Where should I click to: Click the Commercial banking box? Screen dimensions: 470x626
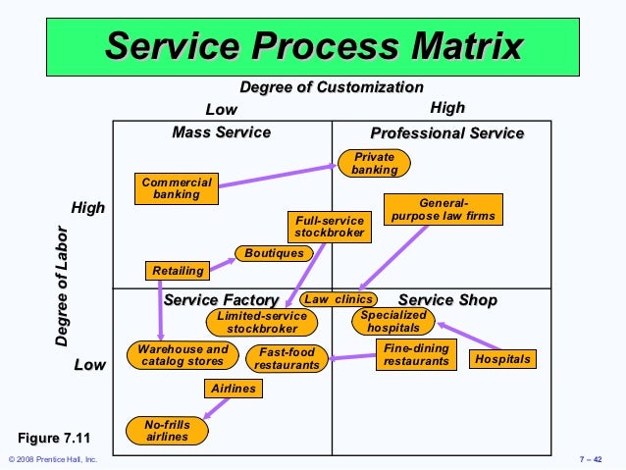(x=177, y=188)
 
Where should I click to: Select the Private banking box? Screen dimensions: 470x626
(x=375, y=163)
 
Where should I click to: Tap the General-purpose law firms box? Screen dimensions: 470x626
(x=443, y=209)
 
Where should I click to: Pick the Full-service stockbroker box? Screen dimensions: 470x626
(x=330, y=227)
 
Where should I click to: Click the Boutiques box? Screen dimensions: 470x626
(x=275, y=253)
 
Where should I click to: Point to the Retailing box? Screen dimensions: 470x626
(x=178, y=271)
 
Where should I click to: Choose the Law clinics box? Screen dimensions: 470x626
(x=339, y=299)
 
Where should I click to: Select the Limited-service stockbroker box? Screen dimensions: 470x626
(x=262, y=323)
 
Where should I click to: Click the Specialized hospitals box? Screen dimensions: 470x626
(x=392, y=322)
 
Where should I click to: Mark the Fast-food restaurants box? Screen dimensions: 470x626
(x=287, y=358)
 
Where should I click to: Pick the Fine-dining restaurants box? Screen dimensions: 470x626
(x=416, y=354)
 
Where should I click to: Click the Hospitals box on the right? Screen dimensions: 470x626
(x=502, y=359)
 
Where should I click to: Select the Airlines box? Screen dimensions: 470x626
(x=234, y=389)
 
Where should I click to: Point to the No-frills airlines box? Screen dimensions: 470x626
(x=167, y=430)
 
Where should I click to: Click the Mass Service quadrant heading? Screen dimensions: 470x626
(x=221, y=132)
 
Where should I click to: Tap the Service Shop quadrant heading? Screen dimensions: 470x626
(x=447, y=299)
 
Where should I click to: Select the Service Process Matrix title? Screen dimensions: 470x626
(x=314, y=44)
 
